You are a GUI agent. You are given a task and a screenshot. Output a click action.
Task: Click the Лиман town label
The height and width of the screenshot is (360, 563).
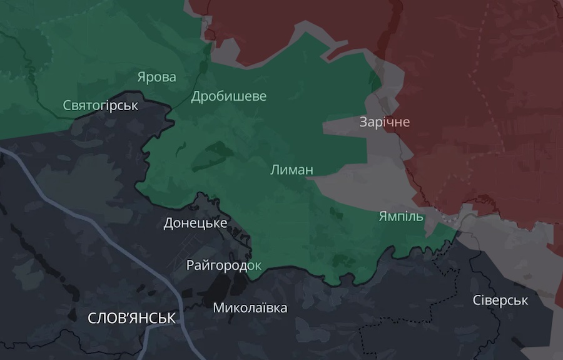point(292,170)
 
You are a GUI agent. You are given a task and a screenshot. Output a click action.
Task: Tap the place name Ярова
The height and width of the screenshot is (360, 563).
point(156,77)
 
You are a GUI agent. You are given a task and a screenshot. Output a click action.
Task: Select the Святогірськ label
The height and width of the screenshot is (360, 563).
point(100,105)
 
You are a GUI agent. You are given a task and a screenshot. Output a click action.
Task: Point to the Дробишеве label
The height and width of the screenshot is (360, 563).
point(228,96)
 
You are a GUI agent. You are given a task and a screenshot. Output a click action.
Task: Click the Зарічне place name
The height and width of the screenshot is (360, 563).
point(384,121)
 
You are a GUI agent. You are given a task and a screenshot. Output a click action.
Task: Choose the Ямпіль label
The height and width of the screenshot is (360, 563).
point(401,217)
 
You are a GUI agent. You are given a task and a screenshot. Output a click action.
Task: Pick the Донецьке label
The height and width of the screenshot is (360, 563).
point(195,223)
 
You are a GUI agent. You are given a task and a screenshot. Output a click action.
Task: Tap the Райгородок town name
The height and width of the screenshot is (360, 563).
point(223,265)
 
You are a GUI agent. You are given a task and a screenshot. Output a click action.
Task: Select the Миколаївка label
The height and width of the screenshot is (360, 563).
point(250,308)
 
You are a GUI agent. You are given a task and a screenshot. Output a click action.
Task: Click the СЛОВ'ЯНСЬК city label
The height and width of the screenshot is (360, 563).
point(131,318)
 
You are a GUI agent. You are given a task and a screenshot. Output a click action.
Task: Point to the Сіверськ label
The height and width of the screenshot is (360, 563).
point(500,301)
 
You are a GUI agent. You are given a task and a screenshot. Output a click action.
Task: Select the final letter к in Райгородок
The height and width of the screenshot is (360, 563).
point(257,265)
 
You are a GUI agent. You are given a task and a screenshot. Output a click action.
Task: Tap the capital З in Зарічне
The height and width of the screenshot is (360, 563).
point(363,121)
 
